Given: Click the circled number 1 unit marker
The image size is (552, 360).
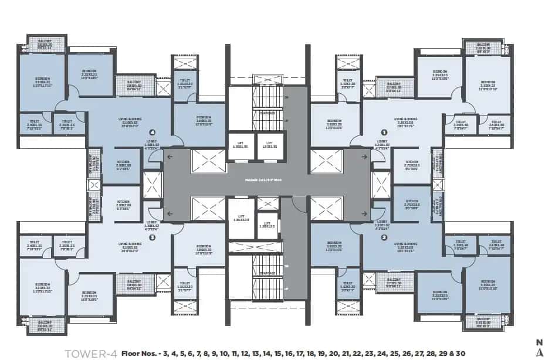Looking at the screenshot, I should (x=384, y=133).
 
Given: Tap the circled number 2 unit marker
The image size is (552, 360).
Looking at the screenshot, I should (x=384, y=237).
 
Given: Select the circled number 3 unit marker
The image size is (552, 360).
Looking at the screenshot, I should (x=152, y=237).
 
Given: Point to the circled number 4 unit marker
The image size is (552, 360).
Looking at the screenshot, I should (x=152, y=133).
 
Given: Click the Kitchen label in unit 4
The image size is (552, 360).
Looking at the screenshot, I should (x=123, y=164).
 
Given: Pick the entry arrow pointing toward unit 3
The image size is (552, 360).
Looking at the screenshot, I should (x=170, y=214).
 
